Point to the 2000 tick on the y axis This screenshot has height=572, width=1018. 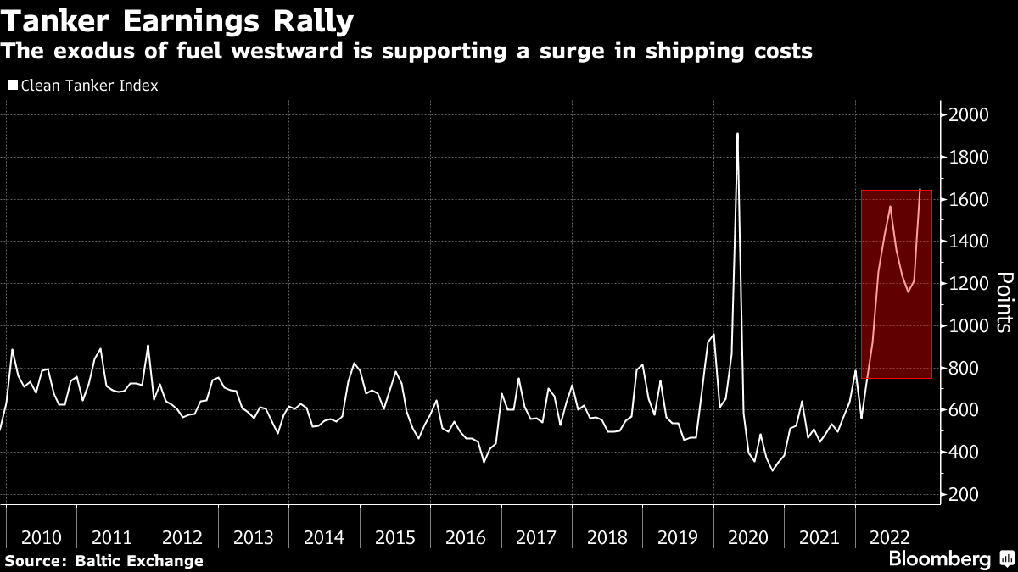click(x=967, y=115)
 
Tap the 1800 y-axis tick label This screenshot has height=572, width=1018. click(x=967, y=158)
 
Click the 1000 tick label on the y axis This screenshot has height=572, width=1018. click(x=967, y=326)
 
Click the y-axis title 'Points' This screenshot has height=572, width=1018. click(x=1004, y=302)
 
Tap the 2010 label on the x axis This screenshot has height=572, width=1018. click(x=42, y=537)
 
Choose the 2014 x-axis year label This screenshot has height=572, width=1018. click(x=324, y=537)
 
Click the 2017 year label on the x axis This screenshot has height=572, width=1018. click(x=536, y=537)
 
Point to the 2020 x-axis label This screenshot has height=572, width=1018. click(x=748, y=537)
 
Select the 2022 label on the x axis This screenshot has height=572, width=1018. click(x=890, y=537)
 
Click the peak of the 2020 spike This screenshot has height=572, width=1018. click(x=737, y=134)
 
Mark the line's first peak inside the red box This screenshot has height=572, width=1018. click(x=890, y=206)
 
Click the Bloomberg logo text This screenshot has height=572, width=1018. click(x=939, y=559)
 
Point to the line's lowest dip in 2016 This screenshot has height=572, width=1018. click(x=484, y=462)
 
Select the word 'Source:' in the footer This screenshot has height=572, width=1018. click(x=38, y=560)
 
